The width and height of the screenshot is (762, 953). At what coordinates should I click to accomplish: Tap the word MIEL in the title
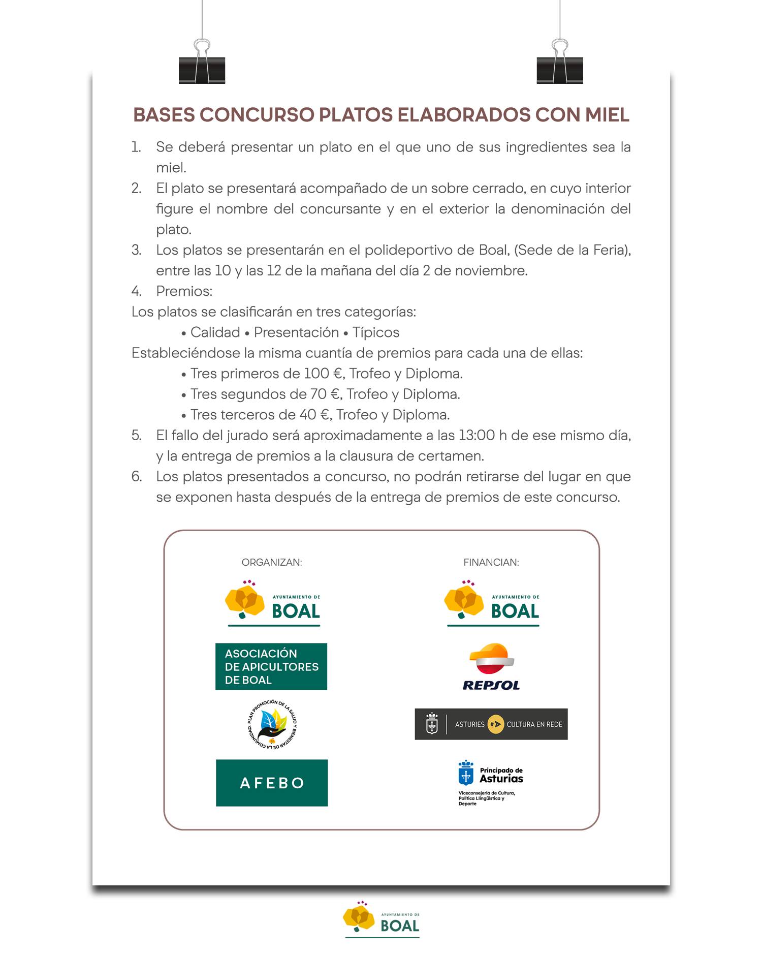(607, 115)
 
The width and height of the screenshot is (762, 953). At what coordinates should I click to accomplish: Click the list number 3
(136, 250)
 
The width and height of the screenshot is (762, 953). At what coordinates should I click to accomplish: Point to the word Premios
(184, 291)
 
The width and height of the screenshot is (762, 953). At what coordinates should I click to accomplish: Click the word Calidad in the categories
(215, 332)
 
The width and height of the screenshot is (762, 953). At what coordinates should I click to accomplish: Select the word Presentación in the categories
(296, 332)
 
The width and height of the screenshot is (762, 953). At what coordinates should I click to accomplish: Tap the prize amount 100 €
(323, 374)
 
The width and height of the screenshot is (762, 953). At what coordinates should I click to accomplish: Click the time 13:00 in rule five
(477, 436)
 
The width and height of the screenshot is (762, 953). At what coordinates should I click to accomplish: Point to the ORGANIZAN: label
(272, 562)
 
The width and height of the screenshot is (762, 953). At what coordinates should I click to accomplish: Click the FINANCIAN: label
(491, 562)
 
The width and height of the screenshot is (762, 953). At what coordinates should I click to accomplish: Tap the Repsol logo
(491, 667)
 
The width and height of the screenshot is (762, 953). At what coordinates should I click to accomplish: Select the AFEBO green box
(272, 783)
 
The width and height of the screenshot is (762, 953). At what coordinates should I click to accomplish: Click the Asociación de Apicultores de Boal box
(271, 666)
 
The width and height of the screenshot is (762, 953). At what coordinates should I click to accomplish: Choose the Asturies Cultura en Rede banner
(491, 724)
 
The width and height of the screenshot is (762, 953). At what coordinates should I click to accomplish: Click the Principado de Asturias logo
(491, 782)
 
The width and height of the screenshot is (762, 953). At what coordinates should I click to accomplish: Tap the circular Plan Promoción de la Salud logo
(272, 725)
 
